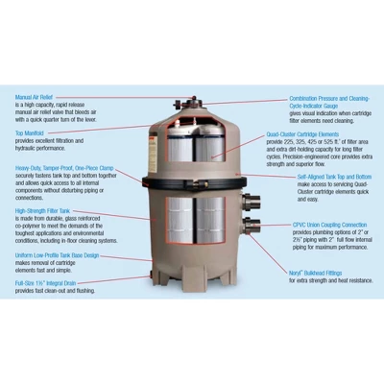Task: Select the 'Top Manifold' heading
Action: tap(30, 133)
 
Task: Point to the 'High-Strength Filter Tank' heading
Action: tap(44, 211)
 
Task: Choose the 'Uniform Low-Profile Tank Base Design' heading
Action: tap(57, 256)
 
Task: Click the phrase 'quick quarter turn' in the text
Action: tap(48, 120)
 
